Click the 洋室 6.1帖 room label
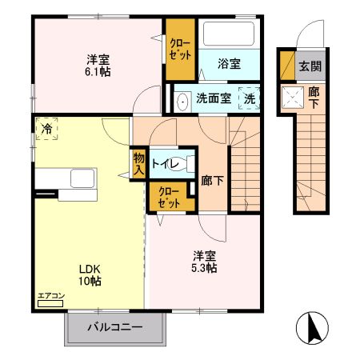98,65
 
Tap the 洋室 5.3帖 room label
204,262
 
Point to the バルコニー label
114,327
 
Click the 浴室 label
229,64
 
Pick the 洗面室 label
214,99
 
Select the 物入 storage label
139,163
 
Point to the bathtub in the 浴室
228,34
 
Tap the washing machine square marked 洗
250,98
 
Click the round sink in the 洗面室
182,101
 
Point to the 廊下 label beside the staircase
213,181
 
